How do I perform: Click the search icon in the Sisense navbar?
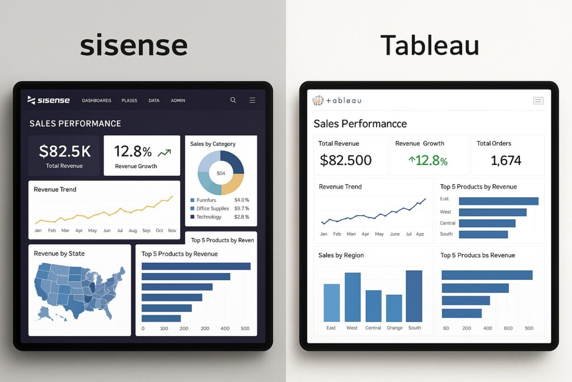(x=233, y=100)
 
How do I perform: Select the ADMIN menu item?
(x=178, y=101)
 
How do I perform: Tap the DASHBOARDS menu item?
(x=97, y=101)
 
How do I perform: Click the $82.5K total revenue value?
(x=64, y=151)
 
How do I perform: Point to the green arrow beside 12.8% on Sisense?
(x=164, y=152)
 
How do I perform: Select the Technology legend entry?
(x=208, y=217)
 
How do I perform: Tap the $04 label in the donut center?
(x=221, y=173)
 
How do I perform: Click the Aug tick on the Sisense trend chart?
(x=132, y=230)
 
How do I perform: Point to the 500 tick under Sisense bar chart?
(x=245, y=328)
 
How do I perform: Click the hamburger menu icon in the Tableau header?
(x=538, y=101)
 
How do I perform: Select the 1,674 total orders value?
(x=506, y=161)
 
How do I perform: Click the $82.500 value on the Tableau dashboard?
(x=346, y=161)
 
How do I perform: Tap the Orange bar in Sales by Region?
(x=394, y=308)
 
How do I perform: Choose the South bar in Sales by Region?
(x=414, y=296)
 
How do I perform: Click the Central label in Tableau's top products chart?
(x=448, y=223)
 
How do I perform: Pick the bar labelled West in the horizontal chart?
(x=492, y=212)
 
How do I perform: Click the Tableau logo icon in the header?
(x=318, y=100)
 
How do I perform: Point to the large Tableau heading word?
(x=430, y=45)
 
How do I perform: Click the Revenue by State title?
(x=59, y=253)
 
